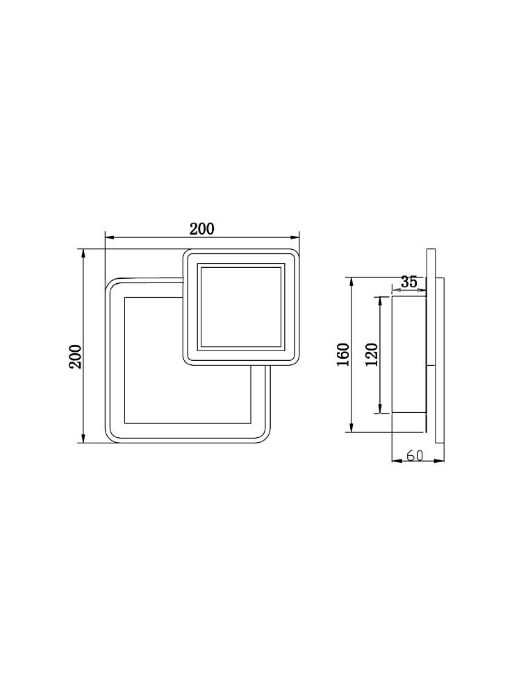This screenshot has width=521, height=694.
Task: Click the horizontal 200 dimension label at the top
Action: [202, 229]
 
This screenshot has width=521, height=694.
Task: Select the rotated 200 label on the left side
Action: [75, 356]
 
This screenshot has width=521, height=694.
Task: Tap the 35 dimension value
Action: [409, 282]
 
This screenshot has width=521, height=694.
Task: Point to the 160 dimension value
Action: [343, 355]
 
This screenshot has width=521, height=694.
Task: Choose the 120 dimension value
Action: [372, 354]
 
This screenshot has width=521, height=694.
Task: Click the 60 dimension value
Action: [415, 455]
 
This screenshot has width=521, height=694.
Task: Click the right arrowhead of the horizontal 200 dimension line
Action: [295, 238]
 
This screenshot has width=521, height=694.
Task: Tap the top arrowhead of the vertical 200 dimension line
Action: [83, 254]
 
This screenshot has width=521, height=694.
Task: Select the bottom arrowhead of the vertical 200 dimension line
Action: [83, 437]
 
